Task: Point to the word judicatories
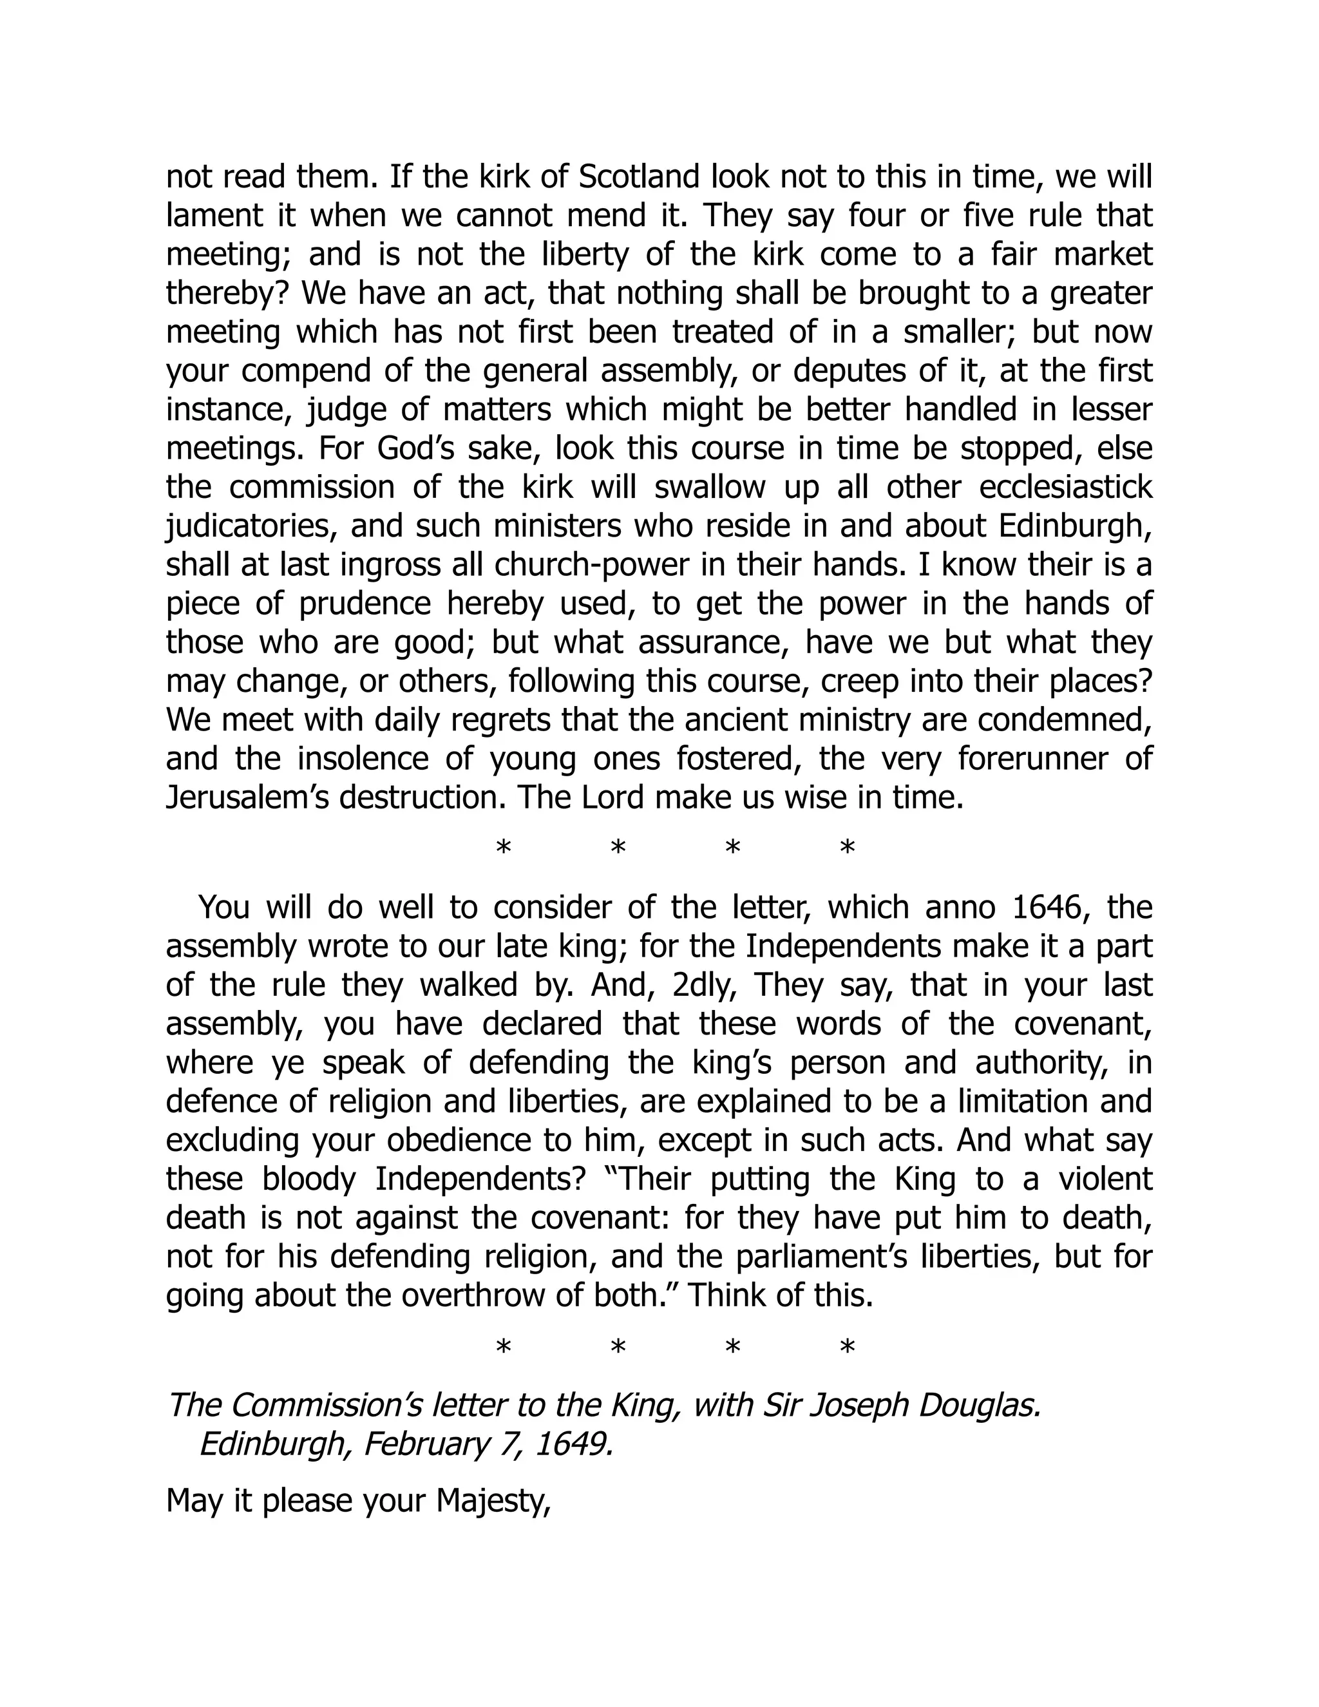[x=251, y=527]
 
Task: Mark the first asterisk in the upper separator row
[x=504, y=848]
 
